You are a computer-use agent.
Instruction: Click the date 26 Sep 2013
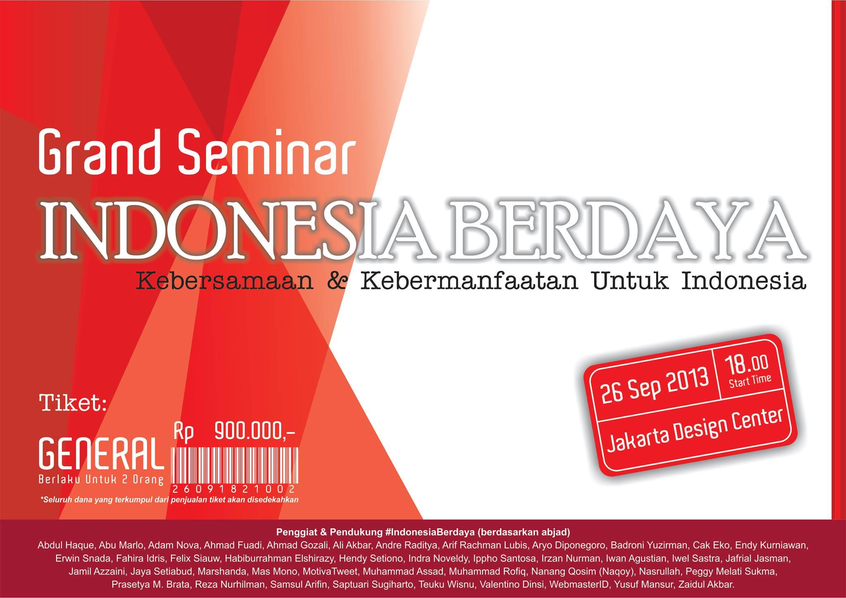(x=655, y=383)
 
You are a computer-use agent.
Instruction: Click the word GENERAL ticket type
(x=99, y=454)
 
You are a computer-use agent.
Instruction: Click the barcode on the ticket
(x=234, y=465)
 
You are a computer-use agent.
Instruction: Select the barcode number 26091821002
(x=234, y=489)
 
